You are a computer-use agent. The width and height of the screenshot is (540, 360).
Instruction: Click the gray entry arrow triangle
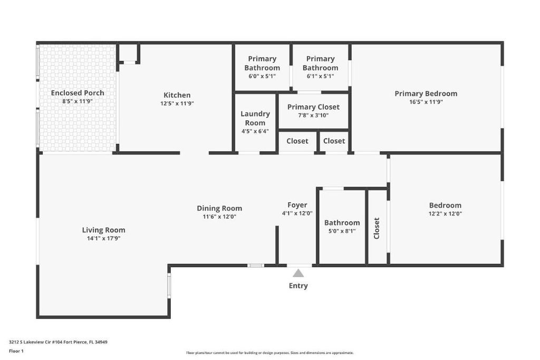pos(298,273)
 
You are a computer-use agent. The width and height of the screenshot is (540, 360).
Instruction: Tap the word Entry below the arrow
pos(298,286)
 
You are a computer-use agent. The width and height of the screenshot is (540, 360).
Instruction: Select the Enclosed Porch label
pos(78,93)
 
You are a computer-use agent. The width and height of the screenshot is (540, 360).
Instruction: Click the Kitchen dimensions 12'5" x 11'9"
pos(177,104)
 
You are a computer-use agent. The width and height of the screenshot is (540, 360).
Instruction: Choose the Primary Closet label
pos(313,107)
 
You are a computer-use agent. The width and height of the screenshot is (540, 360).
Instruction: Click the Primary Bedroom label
pos(426,94)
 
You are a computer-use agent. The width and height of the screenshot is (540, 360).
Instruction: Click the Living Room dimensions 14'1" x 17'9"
pos(103,238)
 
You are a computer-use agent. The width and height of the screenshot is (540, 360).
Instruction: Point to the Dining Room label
pos(219,208)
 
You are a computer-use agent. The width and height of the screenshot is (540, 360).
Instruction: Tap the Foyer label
pos(297,205)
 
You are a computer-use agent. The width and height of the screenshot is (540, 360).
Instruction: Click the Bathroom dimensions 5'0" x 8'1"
pos(342,231)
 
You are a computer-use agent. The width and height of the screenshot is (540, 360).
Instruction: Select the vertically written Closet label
pos(377,228)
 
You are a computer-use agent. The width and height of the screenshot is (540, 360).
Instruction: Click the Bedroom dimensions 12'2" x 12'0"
pos(445,214)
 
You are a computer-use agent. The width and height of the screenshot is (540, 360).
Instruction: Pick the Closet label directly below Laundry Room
pos(297,141)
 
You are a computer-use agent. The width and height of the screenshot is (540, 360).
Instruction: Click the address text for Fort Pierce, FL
pos(58,342)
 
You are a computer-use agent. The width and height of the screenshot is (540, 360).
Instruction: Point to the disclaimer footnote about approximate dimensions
pos(269,353)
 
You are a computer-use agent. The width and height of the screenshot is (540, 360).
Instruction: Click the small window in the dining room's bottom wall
pos(256,265)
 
